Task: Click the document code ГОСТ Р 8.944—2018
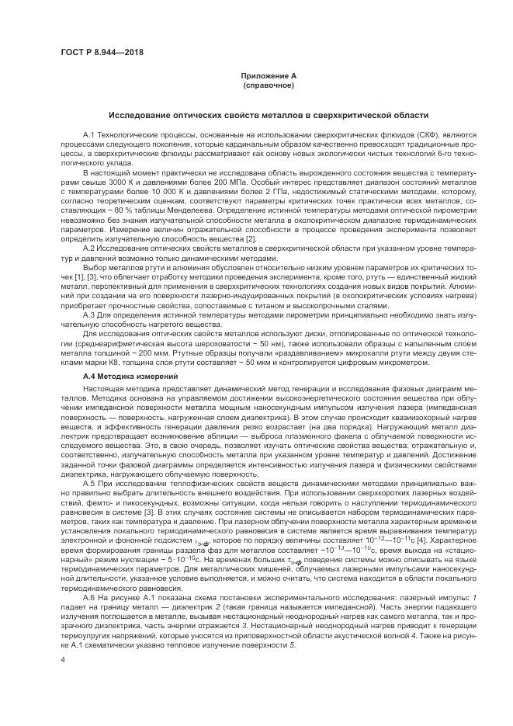tap(102, 53)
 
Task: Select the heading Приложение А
tap(268, 75)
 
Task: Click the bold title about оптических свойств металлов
tap(268, 114)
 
